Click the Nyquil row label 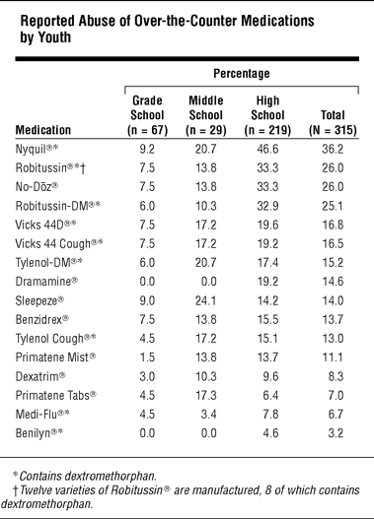coord(37,150)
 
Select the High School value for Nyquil coord(267,149)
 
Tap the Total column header coord(333,122)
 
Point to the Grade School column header coord(147,115)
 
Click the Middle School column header coord(206,115)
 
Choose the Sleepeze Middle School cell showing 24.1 coord(206,300)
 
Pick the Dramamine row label coord(46,282)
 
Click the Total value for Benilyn coord(336,433)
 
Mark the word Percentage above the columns coord(242,74)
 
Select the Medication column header coord(43,130)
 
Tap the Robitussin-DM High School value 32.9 coord(267,206)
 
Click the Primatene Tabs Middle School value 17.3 coord(206,395)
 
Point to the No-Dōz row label coord(37,187)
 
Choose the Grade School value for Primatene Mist coord(147,357)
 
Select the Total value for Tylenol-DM coord(333,263)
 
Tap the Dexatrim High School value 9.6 coord(270,376)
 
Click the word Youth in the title coord(54,37)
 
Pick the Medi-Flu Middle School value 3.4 coord(209,414)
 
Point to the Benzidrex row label coord(42,320)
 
